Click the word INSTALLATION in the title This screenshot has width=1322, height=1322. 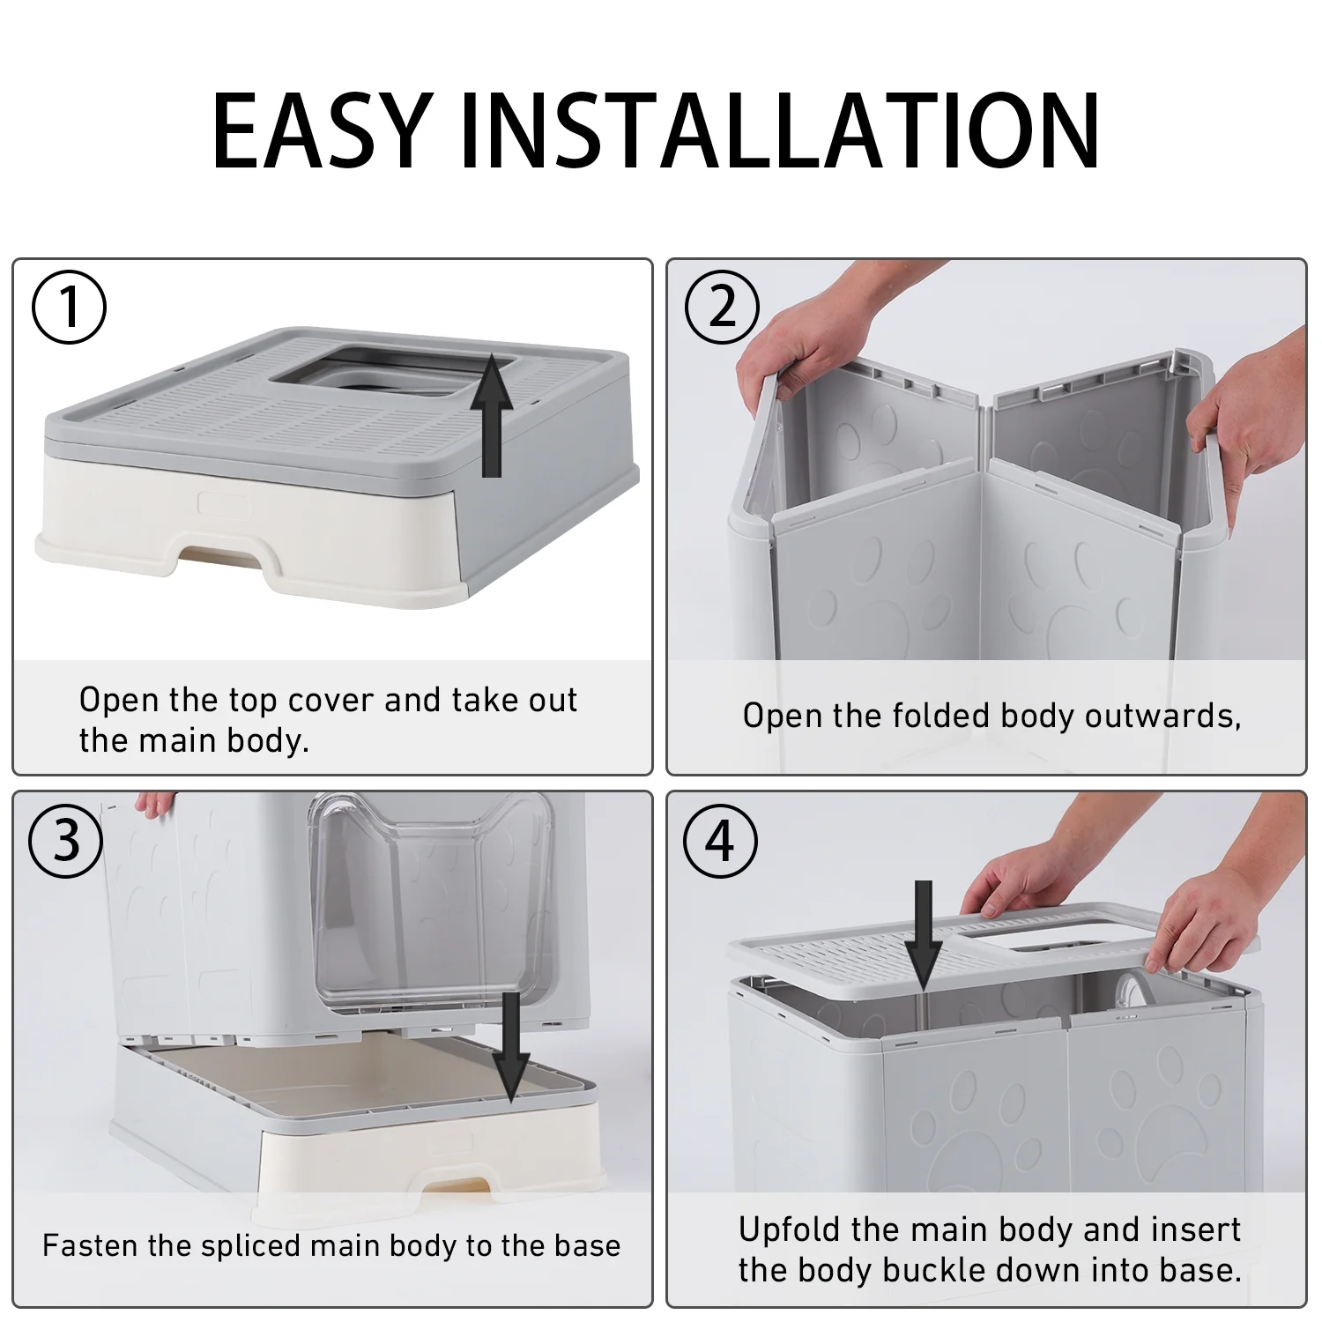[x=780, y=130]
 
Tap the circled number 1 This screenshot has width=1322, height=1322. [x=69, y=308]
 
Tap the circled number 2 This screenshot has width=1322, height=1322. [x=722, y=308]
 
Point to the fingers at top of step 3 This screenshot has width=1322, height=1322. [x=159, y=803]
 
